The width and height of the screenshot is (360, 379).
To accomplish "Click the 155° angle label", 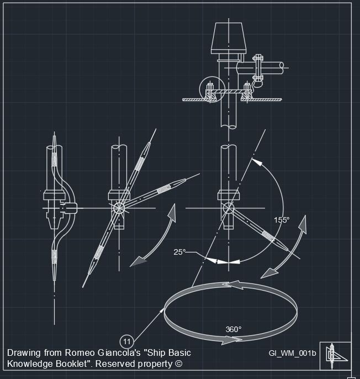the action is [282, 220].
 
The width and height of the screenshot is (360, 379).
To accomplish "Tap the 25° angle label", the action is [179, 252].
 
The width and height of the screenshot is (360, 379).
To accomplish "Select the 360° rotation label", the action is [234, 329].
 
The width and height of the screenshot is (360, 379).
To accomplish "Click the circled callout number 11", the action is [126, 341].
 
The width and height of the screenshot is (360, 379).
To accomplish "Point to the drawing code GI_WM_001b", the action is [292, 353].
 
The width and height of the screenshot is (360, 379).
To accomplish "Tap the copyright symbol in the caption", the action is [178, 364].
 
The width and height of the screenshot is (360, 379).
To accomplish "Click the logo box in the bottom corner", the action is [336, 356].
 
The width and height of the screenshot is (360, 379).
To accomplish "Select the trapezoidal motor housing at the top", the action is [229, 38].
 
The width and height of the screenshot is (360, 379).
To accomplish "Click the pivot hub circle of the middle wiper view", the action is [119, 208].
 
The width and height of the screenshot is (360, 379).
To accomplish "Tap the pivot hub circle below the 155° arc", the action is [229, 208].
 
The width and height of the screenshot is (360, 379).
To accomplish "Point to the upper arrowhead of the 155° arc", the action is [257, 162].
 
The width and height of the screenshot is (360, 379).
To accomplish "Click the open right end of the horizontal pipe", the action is [282, 68].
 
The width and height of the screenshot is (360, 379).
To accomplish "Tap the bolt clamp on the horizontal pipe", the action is [258, 68].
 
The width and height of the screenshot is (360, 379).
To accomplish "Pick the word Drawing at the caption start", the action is [24, 353].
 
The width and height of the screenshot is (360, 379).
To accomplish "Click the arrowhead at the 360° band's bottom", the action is [228, 340].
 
